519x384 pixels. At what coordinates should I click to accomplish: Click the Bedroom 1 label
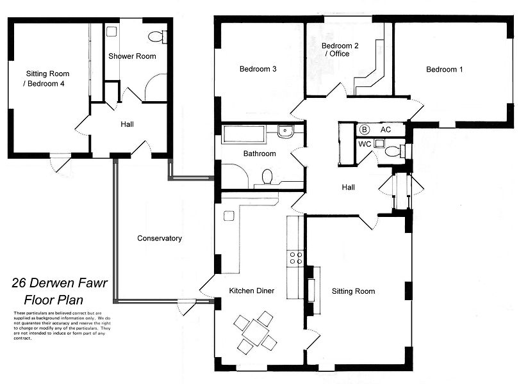click(444, 70)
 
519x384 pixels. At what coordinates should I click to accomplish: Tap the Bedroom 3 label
click(258, 69)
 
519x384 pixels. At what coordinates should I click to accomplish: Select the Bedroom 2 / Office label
click(340, 50)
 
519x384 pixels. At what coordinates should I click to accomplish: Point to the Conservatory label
click(160, 239)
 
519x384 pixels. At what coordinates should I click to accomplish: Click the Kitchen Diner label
click(252, 291)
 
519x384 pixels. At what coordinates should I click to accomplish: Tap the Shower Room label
click(132, 56)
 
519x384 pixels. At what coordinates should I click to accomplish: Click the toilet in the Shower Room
click(158, 36)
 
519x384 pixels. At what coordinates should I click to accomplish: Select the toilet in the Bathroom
click(267, 176)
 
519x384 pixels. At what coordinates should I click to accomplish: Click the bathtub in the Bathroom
click(244, 134)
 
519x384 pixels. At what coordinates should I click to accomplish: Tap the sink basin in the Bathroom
click(285, 132)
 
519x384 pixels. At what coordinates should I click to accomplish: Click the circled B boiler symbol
click(365, 130)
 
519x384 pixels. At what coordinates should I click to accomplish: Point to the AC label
click(386, 130)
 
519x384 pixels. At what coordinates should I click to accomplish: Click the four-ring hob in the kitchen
click(296, 258)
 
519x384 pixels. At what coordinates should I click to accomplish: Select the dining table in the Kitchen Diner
click(256, 332)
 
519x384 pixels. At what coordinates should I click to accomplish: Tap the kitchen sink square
click(229, 216)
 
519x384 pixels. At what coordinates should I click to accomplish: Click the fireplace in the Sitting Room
click(312, 291)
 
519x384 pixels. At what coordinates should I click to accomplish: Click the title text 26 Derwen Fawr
click(60, 283)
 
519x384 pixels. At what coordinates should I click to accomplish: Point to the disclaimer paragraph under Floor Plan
click(62, 326)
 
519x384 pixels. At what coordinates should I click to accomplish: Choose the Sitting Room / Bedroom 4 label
click(45, 79)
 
